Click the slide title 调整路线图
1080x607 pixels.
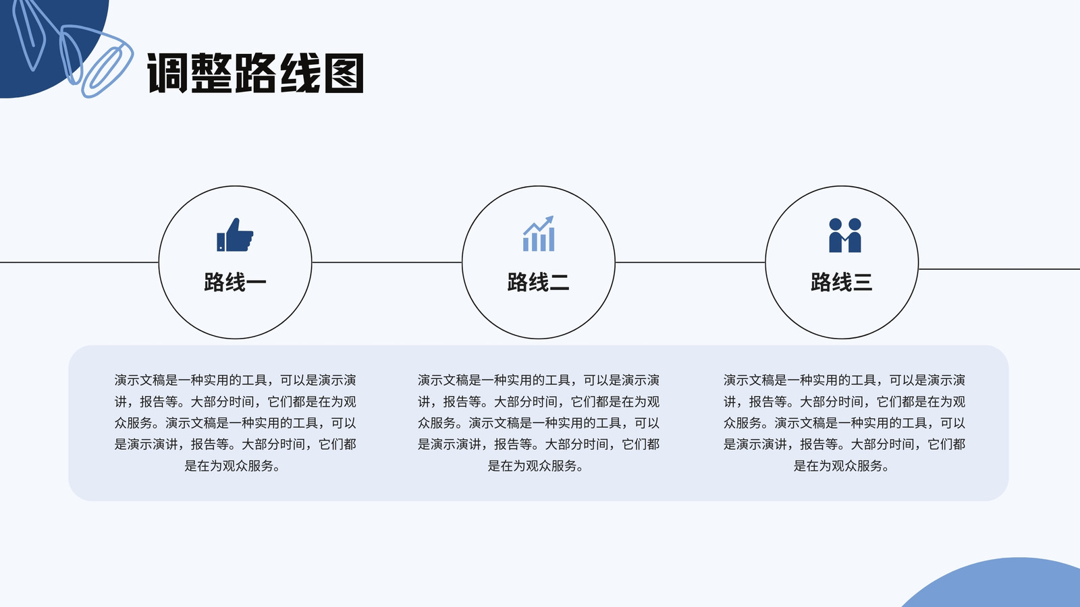click(x=255, y=73)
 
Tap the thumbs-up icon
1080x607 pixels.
click(x=235, y=235)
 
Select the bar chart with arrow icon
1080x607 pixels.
click(x=539, y=233)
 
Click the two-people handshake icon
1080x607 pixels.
click(x=844, y=235)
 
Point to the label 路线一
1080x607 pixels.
click(x=235, y=282)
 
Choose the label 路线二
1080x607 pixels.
click(x=538, y=282)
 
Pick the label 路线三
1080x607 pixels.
click(x=841, y=282)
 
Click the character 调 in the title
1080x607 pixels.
click(x=167, y=73)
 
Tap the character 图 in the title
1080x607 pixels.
click(x=344, y=73)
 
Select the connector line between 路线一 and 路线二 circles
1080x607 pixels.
click(x=387, y=262)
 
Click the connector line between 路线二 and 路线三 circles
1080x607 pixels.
click(x=690, y=262)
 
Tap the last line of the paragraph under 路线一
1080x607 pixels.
click(x=232, y=466)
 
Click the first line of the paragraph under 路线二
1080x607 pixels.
click(x=539, y=380)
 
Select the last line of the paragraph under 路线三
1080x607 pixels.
click(x=841, y=466)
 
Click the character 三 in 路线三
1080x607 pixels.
click(x=863, y=282)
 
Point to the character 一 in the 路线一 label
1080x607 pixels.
click(x=256, y=283)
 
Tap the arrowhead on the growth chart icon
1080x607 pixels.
click(x=549, y=220)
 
